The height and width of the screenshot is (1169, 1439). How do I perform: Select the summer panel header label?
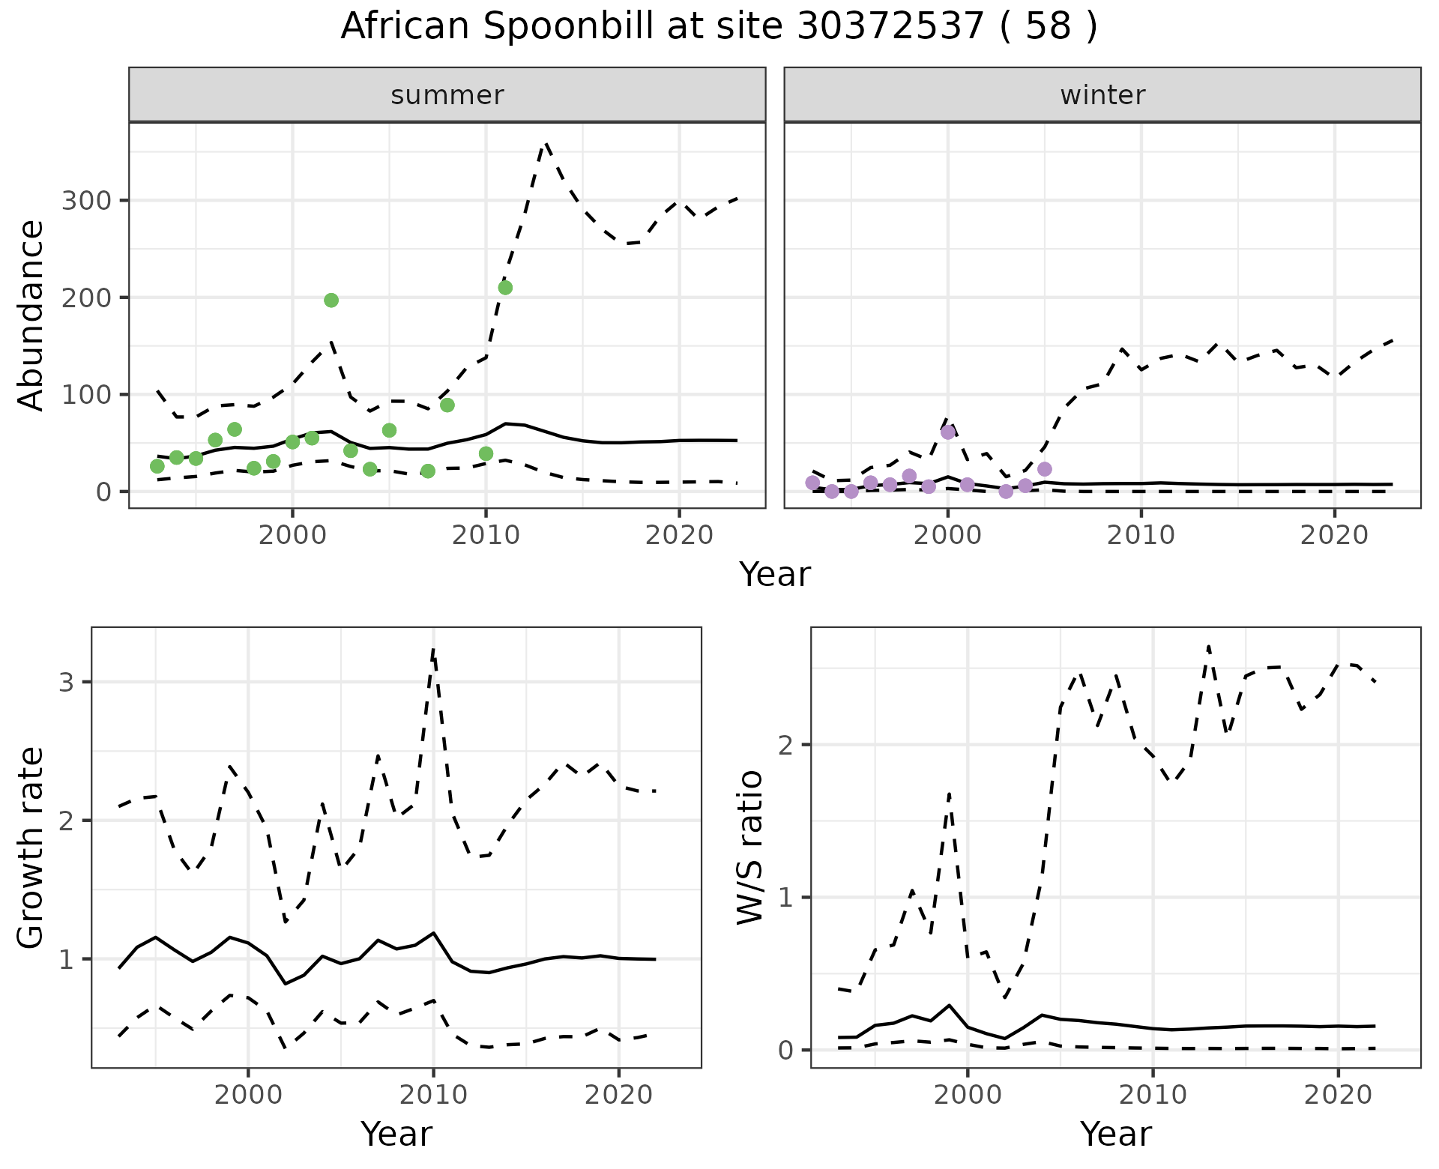447,95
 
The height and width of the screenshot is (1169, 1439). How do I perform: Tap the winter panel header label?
1102,95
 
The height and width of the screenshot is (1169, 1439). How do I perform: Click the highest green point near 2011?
505,288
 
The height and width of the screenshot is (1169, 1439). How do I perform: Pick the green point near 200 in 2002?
331,300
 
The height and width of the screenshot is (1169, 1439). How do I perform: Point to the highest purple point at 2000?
948,432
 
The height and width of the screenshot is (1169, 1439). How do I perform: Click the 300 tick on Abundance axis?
85,201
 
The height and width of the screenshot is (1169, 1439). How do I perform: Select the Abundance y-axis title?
31,315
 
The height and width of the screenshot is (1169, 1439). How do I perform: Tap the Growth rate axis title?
31,848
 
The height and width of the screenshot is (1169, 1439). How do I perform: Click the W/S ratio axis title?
750,848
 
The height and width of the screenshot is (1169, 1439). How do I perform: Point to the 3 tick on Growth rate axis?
66,682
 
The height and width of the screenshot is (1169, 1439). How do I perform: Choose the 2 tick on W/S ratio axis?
785,745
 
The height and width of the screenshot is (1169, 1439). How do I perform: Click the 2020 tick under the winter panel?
1334,536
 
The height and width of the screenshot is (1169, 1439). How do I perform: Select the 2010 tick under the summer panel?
486,536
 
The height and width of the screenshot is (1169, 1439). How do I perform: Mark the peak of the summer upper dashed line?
546,143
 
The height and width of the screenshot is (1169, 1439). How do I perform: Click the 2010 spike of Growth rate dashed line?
433,649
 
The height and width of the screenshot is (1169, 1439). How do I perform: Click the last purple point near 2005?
1045,469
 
